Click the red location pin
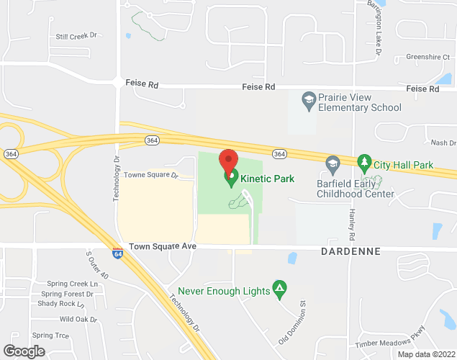coord(228,160)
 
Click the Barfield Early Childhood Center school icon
coord(332,165)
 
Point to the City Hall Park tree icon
coord(364,164)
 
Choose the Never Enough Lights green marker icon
coord(281,289)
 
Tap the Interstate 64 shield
coord(117,253)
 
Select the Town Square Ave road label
coord(163,246)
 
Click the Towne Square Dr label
coord(150,175)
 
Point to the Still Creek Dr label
coord(76,36)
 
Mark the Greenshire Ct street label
coord(427,56)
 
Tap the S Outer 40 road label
coord(96,266)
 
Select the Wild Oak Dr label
coord(78,319)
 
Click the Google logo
coord(23,351)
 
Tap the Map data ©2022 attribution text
coord(426,354)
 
